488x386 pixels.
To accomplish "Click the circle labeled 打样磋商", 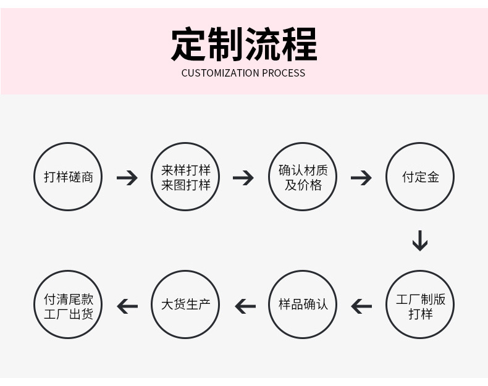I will (x=68, y=177).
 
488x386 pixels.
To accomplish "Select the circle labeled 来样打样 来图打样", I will (x=186, y=177).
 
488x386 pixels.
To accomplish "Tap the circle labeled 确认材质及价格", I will (x=303, y=177).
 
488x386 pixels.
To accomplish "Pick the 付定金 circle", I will (x=420, y=177).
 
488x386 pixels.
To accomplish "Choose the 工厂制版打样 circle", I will (x=420, y=305).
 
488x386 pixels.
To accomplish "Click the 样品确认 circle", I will (x=303, y=305).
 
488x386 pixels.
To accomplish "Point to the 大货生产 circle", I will (x=186, y=305).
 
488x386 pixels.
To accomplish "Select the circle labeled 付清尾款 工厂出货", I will (x=68, y=305).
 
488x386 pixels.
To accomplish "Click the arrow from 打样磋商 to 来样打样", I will (x=127, y=178).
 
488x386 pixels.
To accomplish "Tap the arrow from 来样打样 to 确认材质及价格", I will (x=243, y=178).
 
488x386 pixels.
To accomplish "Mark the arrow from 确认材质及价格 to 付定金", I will (x=361, y=178).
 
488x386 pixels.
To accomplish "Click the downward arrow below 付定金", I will (x=420, y=240).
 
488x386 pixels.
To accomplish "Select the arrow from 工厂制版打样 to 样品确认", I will (x=361, y=306).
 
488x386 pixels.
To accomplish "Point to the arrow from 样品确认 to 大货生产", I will (x=245, y=306).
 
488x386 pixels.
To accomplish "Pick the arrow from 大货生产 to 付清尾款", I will (x=127, y=306).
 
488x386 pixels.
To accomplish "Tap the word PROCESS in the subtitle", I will (x=284, y=73).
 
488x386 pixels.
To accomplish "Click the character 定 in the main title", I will (x=188, y=44).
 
